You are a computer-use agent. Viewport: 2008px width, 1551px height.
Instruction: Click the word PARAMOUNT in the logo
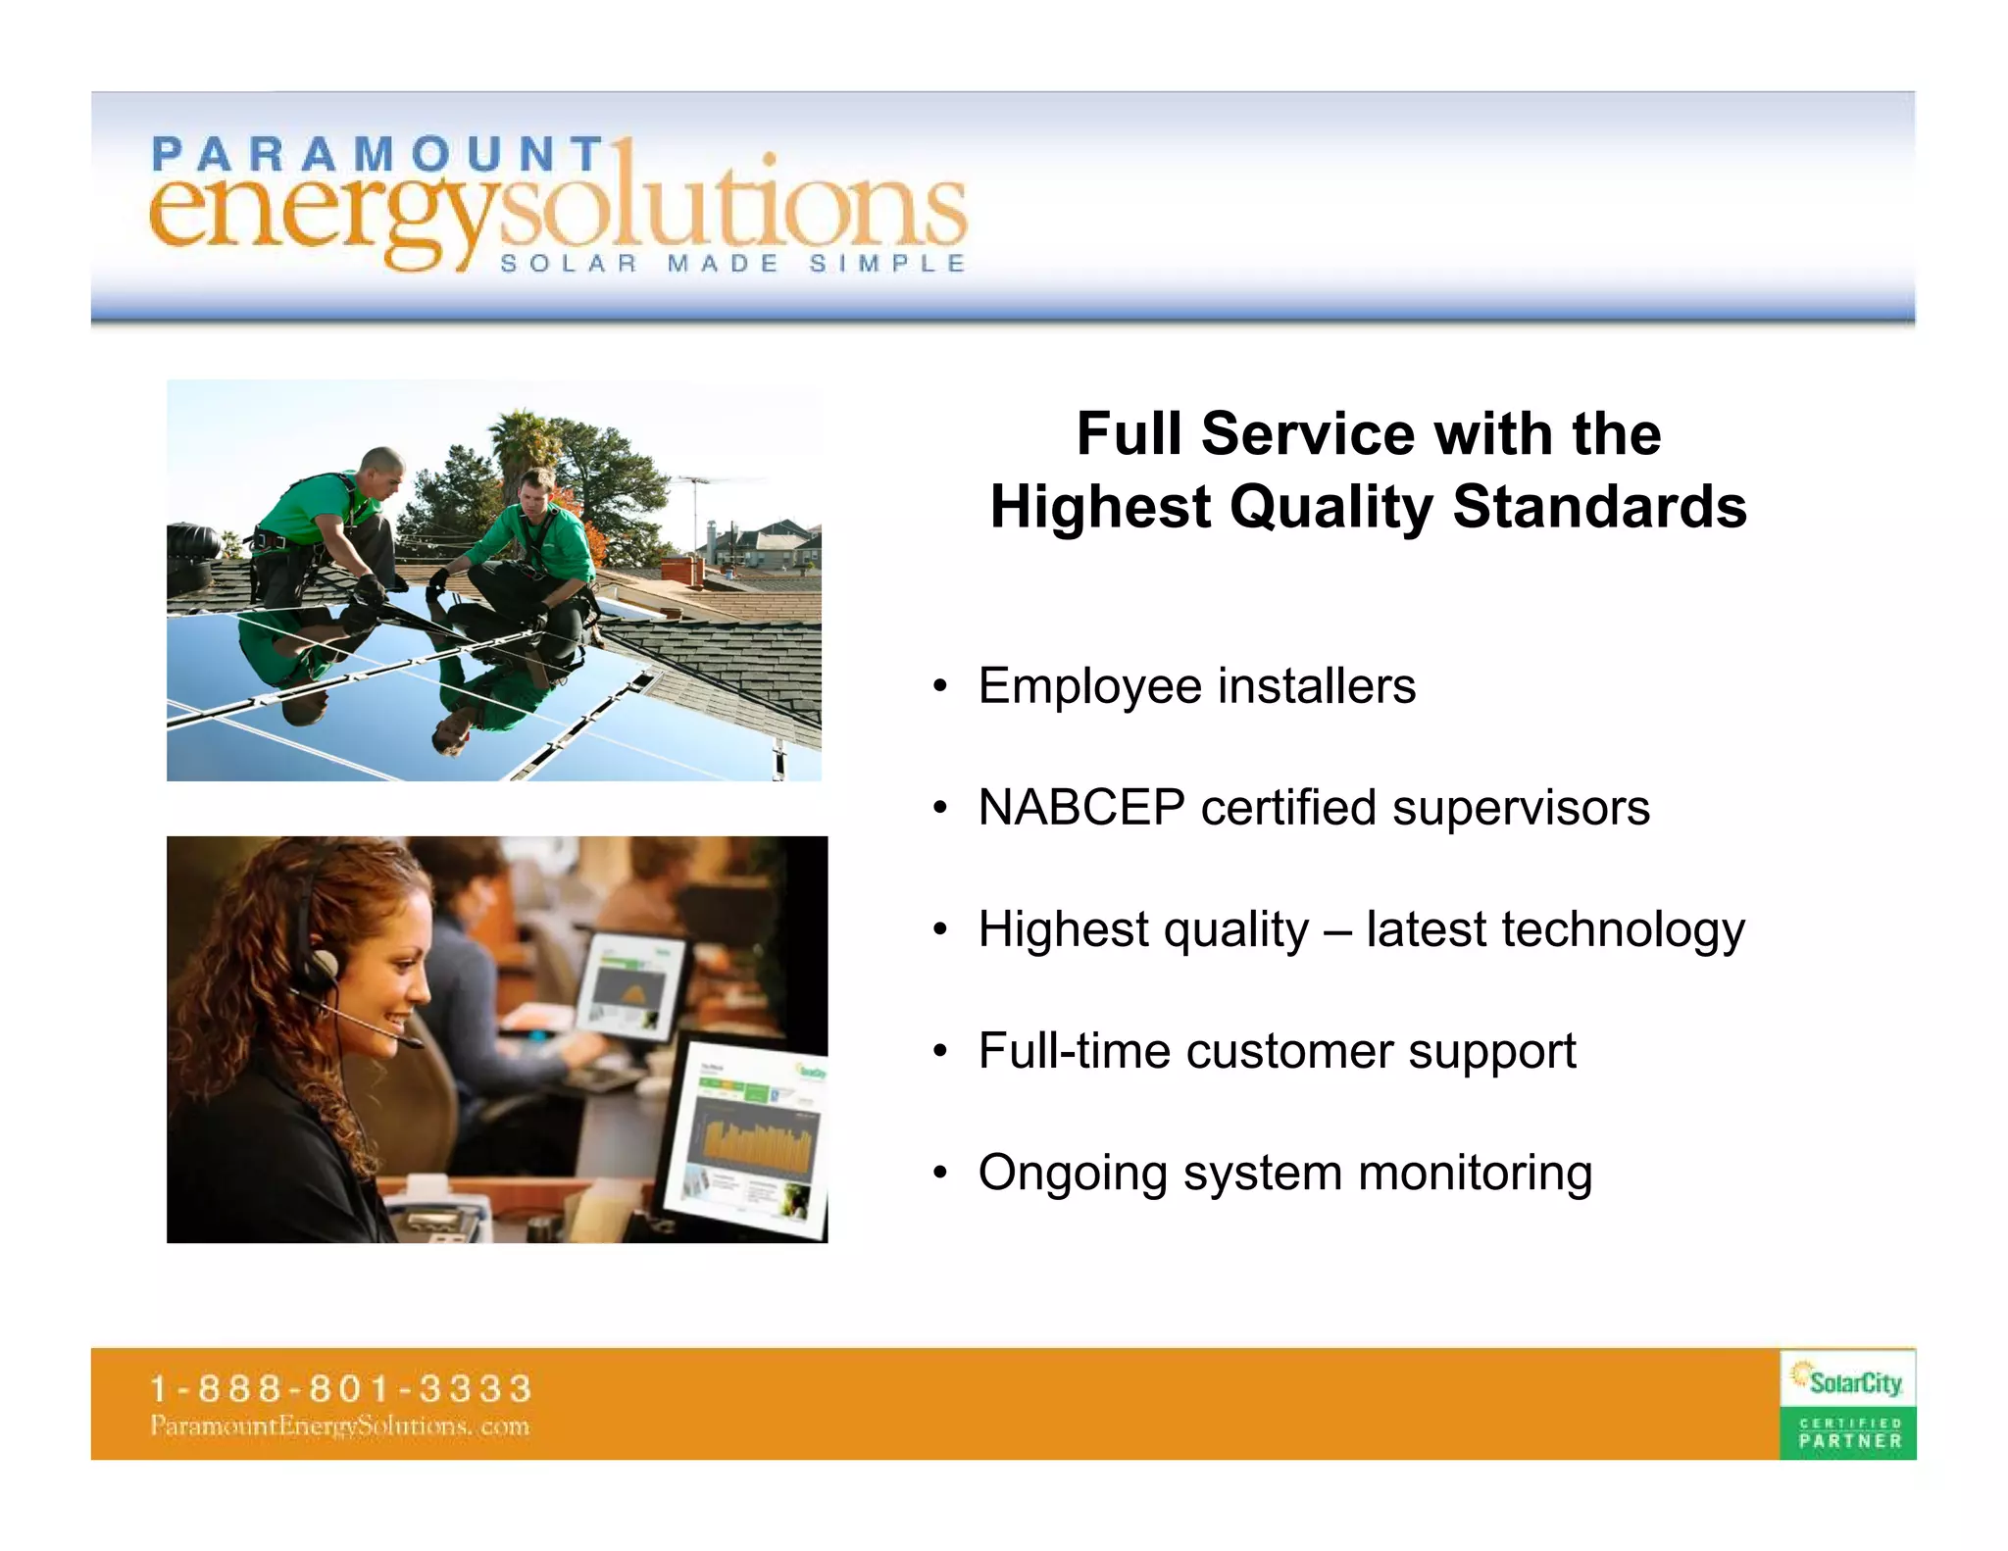377,155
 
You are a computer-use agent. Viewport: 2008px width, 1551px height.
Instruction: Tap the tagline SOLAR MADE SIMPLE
733,264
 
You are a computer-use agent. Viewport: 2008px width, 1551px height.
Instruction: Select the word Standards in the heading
1599,507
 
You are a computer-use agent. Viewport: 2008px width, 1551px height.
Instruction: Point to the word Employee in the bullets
1089,686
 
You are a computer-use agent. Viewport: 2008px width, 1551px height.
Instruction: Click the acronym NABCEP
1081,808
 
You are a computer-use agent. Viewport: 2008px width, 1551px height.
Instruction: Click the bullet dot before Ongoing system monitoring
940,1173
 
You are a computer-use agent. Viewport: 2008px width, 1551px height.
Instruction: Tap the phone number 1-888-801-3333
340,1388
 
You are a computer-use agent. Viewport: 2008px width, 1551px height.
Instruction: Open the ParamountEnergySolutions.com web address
340,1426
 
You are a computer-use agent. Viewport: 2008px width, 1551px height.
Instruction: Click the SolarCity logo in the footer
1848,1381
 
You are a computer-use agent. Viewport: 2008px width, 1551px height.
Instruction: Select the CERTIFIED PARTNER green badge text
1849,1433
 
